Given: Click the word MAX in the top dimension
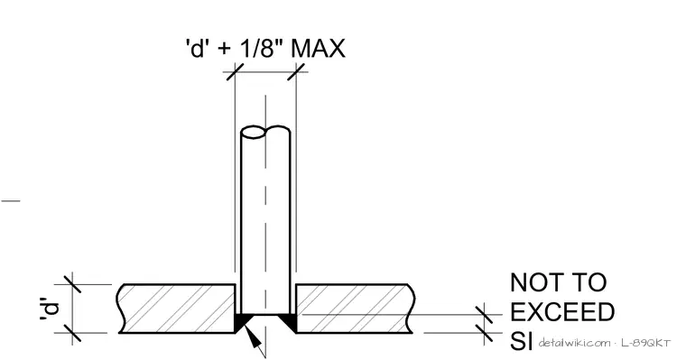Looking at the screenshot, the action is coord(318,48).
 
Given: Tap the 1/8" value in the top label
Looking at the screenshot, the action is coord(261,48).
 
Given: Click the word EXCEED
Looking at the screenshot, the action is coord(562,312).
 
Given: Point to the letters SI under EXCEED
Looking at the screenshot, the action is coord(521,341).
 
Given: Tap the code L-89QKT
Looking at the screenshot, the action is coord(645,343).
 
